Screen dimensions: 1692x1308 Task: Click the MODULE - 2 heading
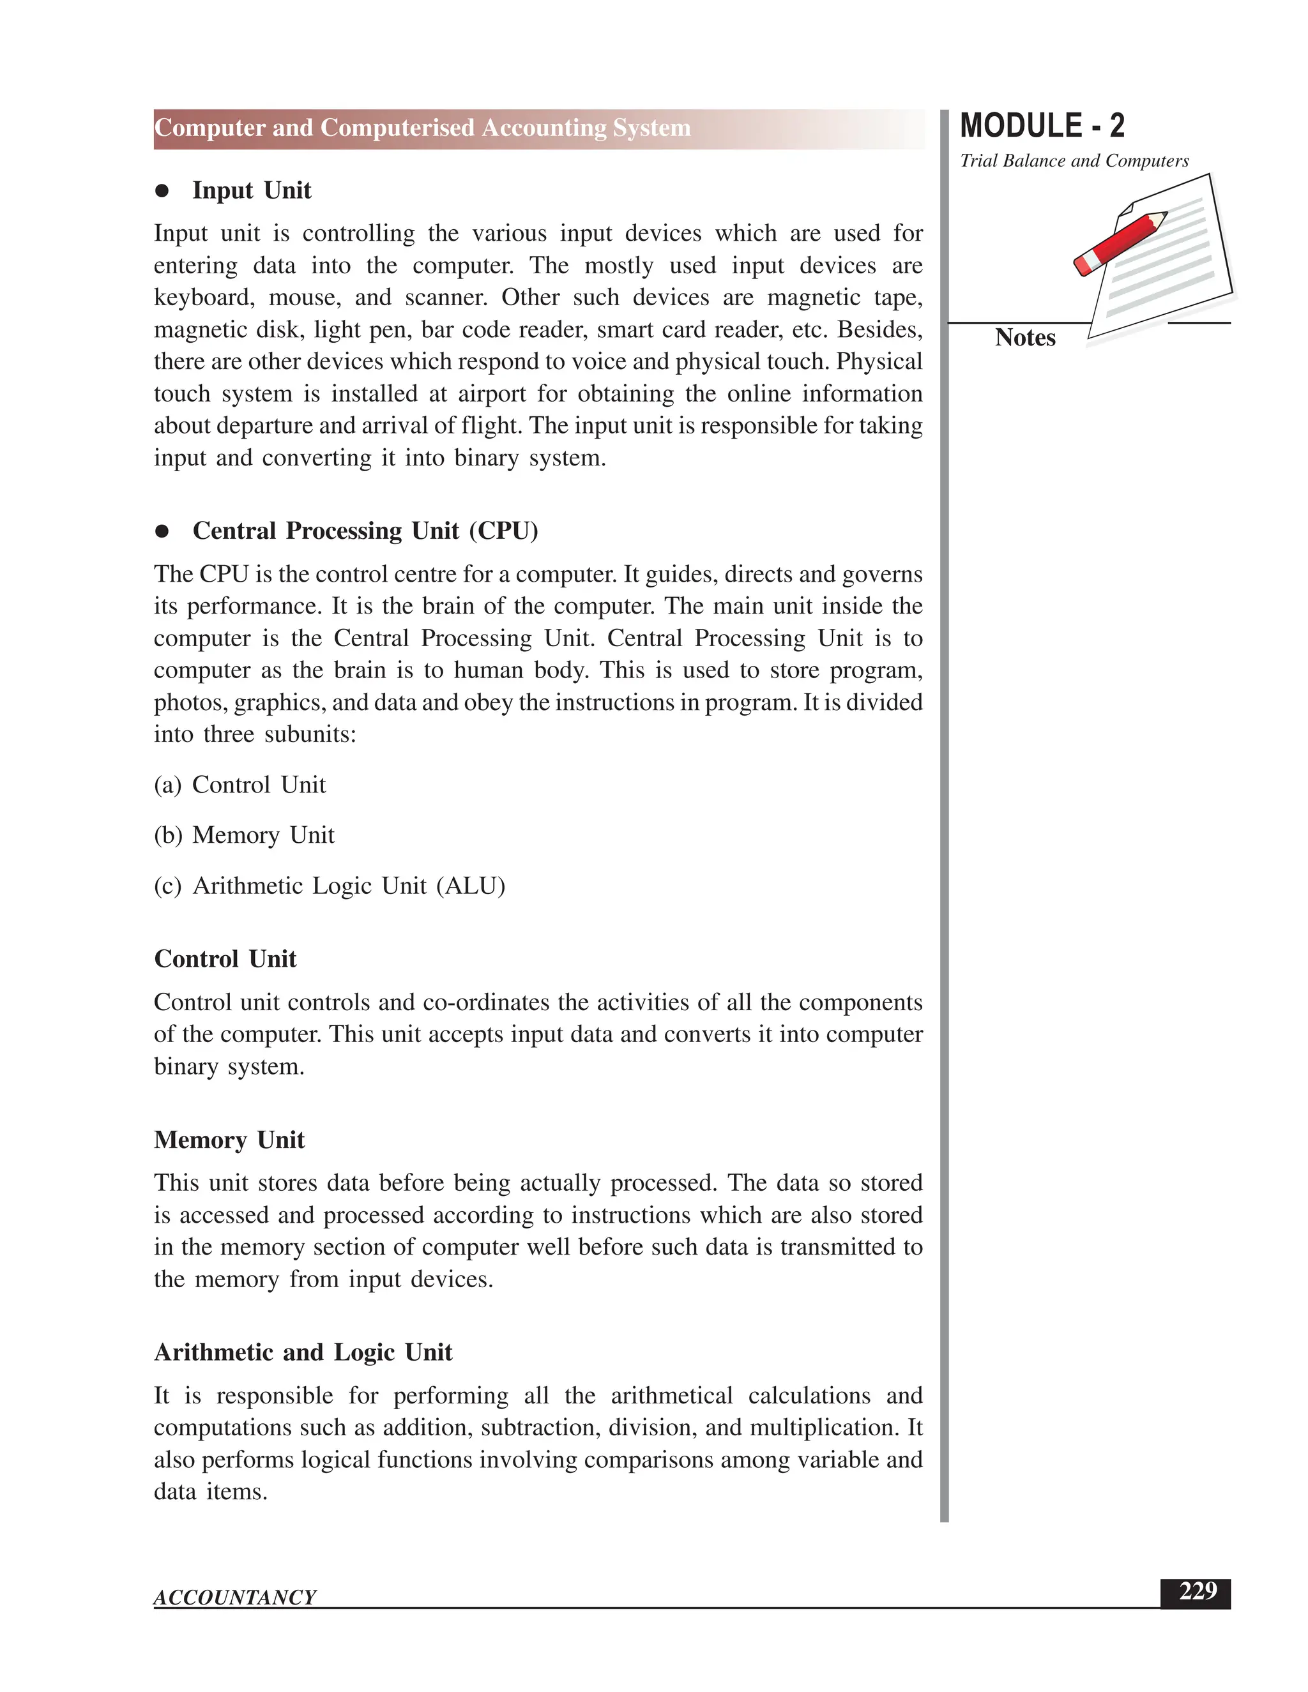point(1042,126)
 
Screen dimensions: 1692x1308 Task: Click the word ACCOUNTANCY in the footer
point(235,1598)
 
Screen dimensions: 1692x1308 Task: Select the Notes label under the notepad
point(1024,338)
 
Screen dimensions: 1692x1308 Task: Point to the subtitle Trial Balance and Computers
point(1074,161)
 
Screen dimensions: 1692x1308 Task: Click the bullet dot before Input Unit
point(162,192)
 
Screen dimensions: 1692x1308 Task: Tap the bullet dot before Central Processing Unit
point(162,531)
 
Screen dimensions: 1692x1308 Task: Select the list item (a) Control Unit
point(240,785)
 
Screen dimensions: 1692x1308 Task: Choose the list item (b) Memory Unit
point(245,835)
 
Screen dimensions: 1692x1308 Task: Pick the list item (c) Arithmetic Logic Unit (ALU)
point(330,886)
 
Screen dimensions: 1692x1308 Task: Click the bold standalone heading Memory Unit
point(229,1140)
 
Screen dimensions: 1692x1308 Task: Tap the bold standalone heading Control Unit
point(225,959)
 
